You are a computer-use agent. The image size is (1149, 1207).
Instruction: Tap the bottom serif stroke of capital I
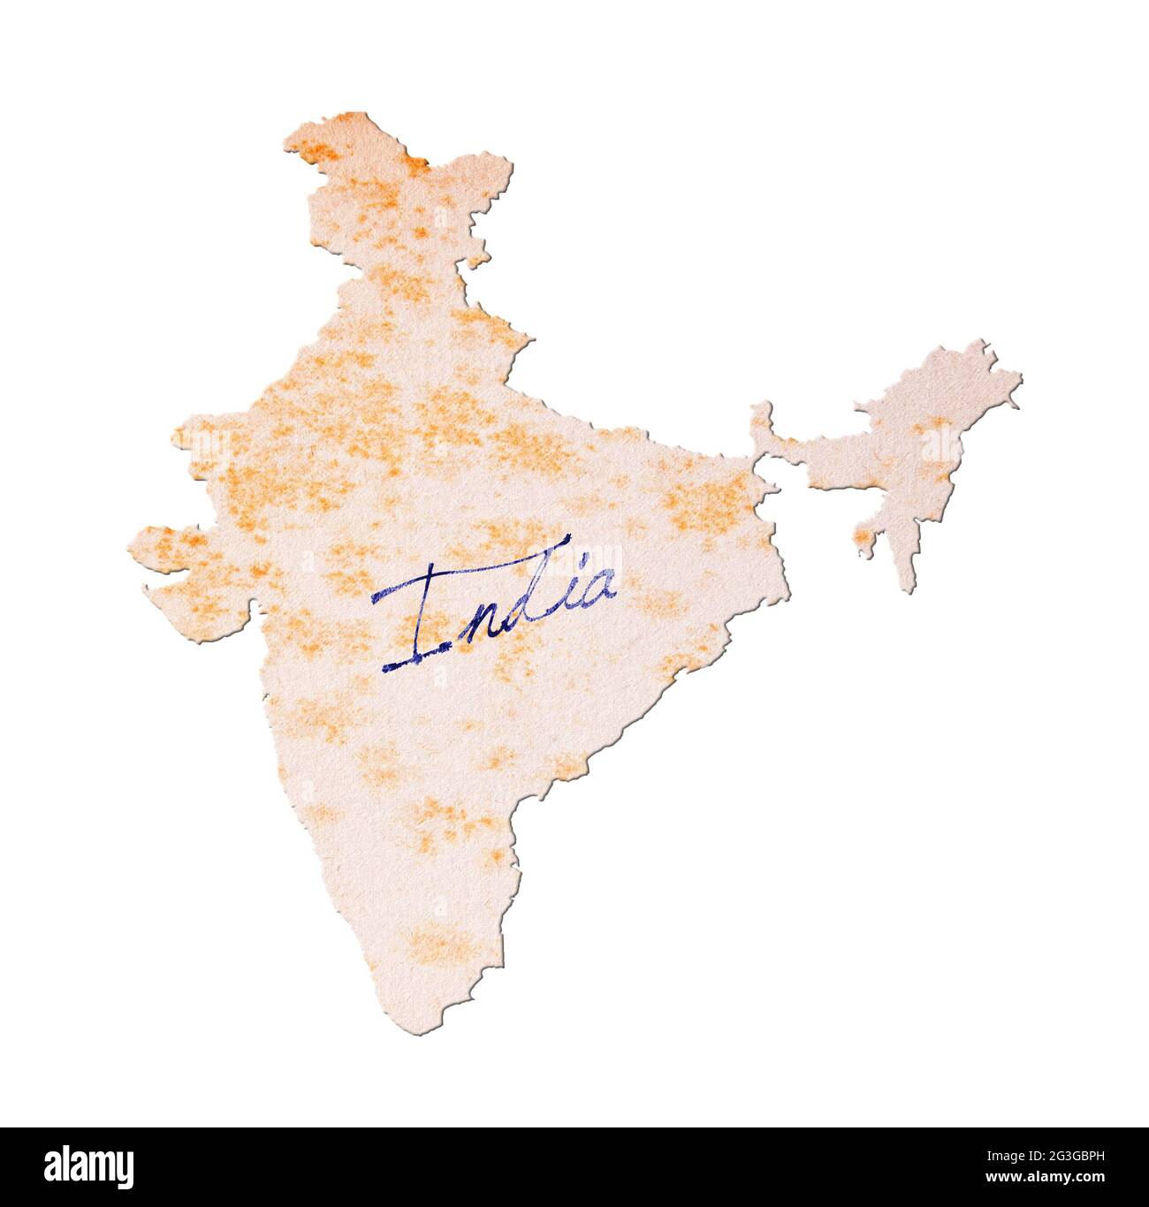[x=415, y=658]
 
